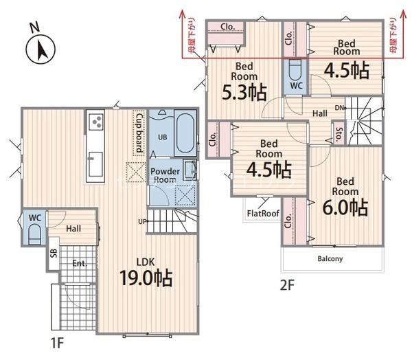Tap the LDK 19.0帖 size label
pos(146,278)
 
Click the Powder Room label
pos(165,175)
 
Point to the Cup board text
pos(139,133)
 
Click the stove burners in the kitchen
pos(95,122)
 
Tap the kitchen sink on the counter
pos(95,164)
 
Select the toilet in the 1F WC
pos(34,234)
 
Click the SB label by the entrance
pos(54,254)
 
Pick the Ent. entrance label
pos(80,263)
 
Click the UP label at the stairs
pos(142,222)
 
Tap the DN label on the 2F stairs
pos(339,108)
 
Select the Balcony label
pos(330,259)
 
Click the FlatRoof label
pos(263,213)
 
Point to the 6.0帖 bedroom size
pos(345,207)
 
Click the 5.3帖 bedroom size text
pos(244,92)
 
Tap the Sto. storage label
pos(339,134)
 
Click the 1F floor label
pos(57,343)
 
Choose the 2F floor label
pos(287,285)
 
